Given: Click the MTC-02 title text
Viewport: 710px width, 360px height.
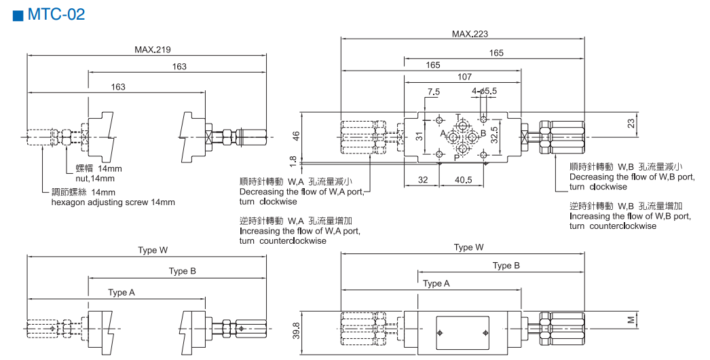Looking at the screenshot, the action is click(x=56, y=14).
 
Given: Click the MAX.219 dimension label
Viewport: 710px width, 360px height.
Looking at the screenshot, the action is click(x=153, y=50).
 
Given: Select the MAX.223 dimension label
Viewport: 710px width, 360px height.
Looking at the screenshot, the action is click(x=470, y=33).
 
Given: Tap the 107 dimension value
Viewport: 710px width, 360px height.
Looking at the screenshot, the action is click(x=464, y=77).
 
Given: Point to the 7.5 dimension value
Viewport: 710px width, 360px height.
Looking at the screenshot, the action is click(x=433, y=92).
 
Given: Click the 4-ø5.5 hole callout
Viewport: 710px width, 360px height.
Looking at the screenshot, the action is click(x=484, y=91).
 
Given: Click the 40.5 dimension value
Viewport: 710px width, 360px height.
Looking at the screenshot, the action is click(x=463, y=180).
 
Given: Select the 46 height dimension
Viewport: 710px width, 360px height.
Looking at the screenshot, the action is click(x=296, y=136).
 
